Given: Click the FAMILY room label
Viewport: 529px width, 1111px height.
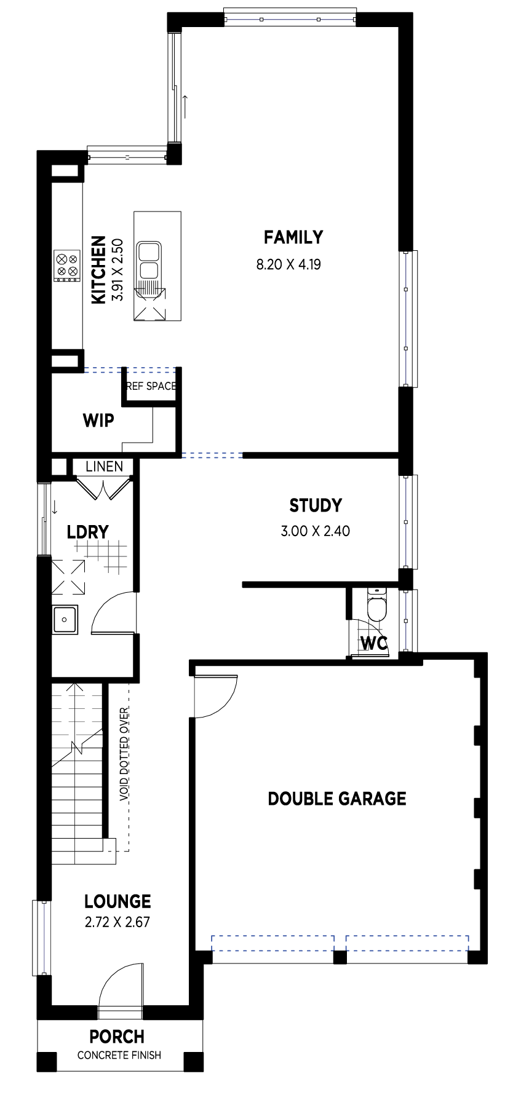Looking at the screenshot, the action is click(x=293, y=237).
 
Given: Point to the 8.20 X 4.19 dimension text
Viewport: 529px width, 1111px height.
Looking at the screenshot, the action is click(x=288, y=265).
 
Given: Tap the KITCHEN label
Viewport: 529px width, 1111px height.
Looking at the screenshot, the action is click(x=98, y=269).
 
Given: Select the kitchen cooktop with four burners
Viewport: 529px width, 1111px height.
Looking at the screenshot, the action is click(x=67, y=265).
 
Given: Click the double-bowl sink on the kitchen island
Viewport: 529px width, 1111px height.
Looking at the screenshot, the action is click(x=149, y=261).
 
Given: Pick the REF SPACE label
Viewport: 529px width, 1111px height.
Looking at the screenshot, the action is click(x=151, y=386).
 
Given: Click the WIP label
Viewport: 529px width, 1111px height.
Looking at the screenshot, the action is click(x=98, y=421).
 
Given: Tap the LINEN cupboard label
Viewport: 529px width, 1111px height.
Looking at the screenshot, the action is click(x=104, y=467).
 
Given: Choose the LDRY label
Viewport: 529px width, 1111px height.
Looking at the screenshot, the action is click(x=88, y=532).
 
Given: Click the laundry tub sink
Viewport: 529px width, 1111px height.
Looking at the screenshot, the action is click(x=65, y=619).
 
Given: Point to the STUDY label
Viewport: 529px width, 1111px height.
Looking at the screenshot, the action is click(x=316, y=505).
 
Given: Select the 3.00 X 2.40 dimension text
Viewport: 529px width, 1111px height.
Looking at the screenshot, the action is click(x=316, y=531).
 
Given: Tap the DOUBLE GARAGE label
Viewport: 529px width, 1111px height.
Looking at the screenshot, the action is click(x=337, y=799).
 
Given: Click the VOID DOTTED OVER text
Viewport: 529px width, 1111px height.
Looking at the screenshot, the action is click(x=125, y=754).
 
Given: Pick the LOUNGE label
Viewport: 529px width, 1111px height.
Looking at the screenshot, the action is click(x=117, y=901).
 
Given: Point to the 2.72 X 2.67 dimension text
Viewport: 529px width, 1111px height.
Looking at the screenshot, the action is click(x=117, y=922).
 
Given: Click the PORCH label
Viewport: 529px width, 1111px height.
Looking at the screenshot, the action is click(x=117, y=1037).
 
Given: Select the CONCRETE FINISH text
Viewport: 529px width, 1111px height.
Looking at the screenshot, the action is click(x=119, y=1055).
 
